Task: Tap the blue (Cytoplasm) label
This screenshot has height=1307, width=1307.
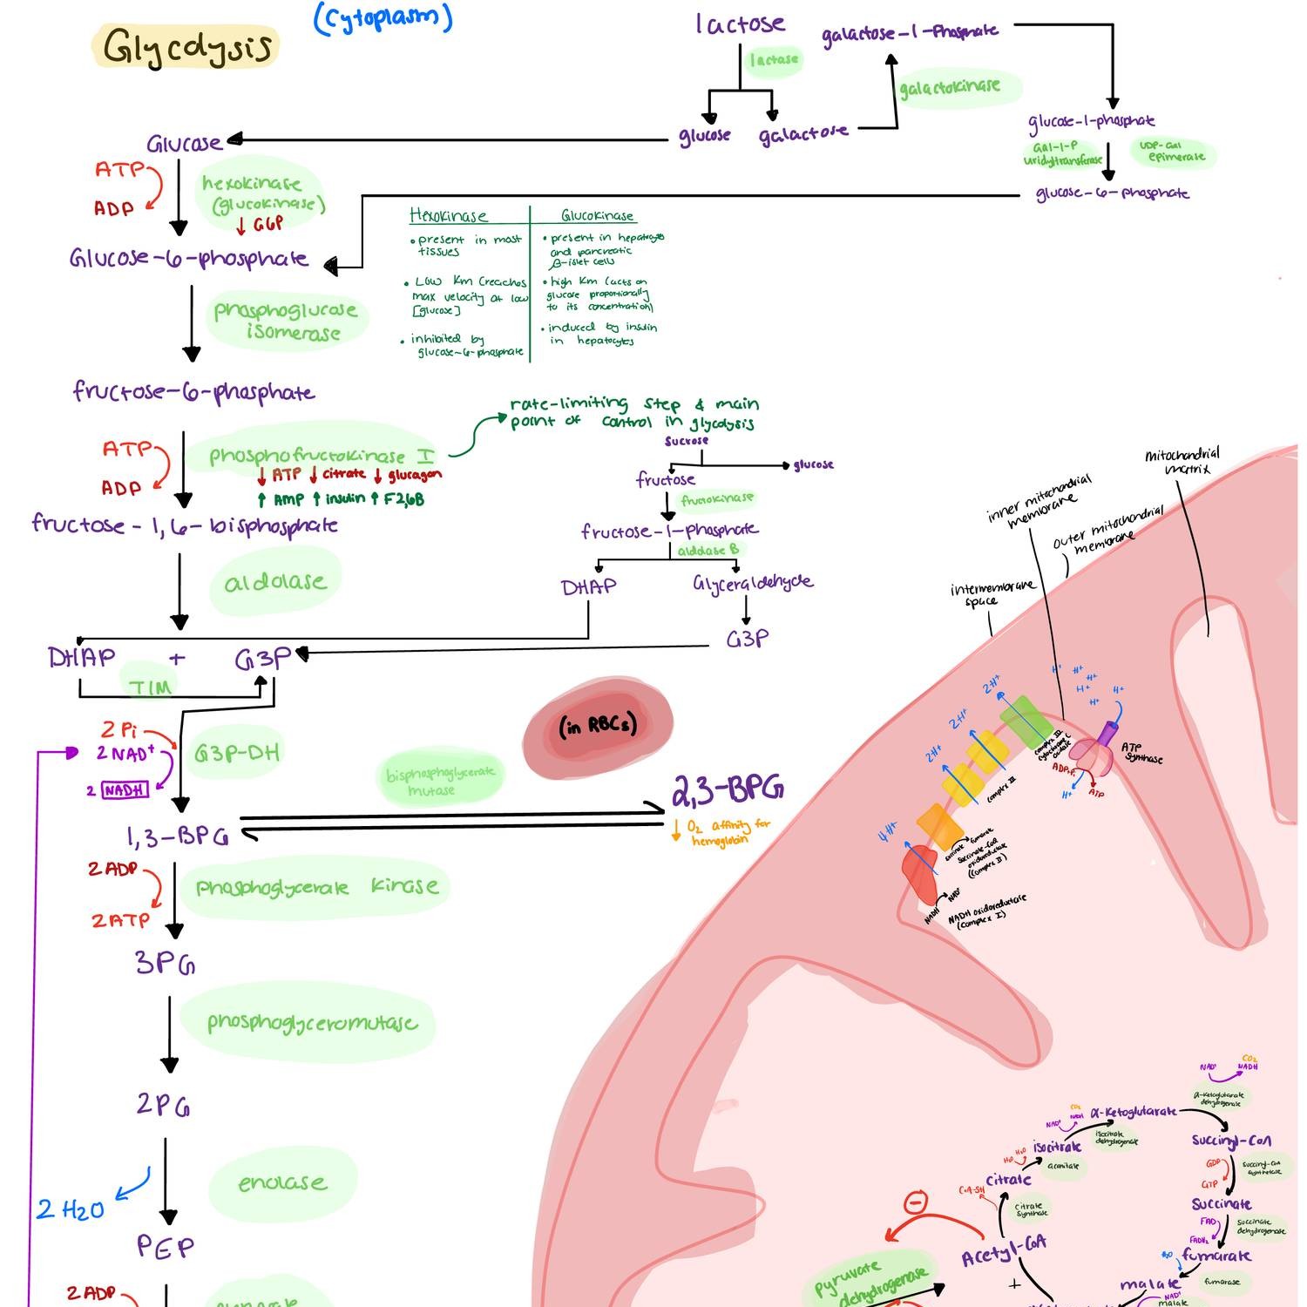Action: [383, 18]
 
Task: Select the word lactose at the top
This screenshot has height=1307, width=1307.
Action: [740, 24]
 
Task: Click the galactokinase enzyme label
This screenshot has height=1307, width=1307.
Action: [949, 87]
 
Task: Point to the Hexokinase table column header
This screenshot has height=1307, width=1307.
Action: [449, 216]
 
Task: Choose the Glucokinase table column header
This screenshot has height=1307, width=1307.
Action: [597, 216]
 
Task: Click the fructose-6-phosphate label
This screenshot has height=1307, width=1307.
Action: [193, 391]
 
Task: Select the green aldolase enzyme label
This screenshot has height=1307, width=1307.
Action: [274, 582]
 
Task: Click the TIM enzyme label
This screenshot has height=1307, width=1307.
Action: [150, 687]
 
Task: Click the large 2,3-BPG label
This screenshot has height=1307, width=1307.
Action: [727, 789]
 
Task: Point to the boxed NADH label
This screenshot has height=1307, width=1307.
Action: [125, 790]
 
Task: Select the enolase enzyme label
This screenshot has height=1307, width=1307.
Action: [282, 1183]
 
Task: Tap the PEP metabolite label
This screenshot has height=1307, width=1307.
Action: [166, 1247]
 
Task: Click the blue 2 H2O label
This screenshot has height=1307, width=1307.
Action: [70, 1209]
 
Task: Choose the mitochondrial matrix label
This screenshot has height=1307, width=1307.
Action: [1182, 461]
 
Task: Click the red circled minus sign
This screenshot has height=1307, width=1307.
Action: [914, 1203]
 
